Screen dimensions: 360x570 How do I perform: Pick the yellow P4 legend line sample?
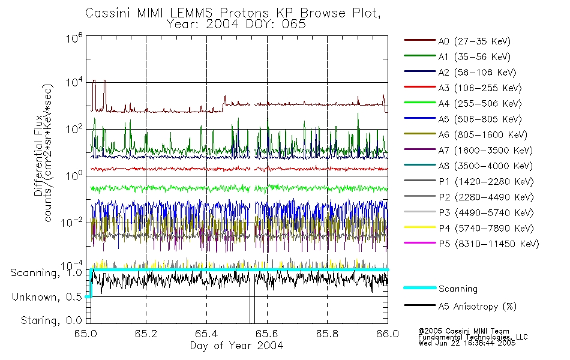tap(419, 229)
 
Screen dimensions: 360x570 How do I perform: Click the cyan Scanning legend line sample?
tap(419, 289)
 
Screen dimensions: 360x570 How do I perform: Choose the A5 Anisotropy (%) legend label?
tap(477, 307)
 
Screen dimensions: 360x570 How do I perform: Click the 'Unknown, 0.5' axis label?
tap(48, 296)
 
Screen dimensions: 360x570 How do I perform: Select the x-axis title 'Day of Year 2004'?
tap(237, 345)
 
